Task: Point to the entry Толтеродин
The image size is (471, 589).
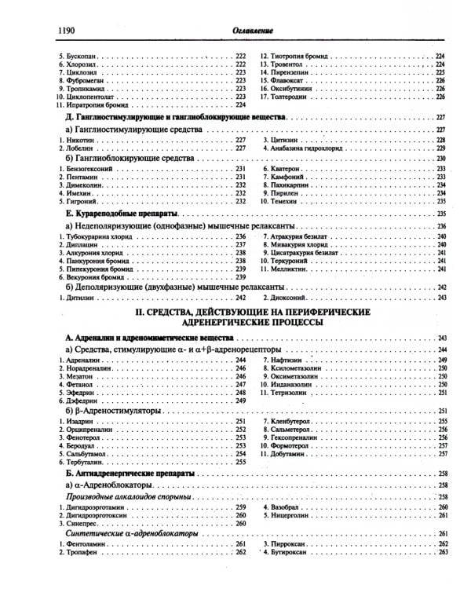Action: tap(294, 97)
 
